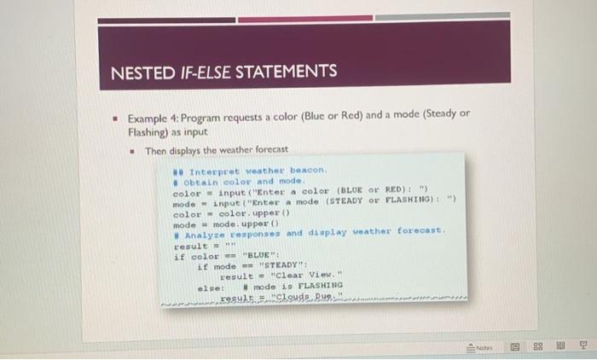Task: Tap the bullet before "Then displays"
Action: point(130,151)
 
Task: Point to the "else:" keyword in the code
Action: point(210,287)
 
